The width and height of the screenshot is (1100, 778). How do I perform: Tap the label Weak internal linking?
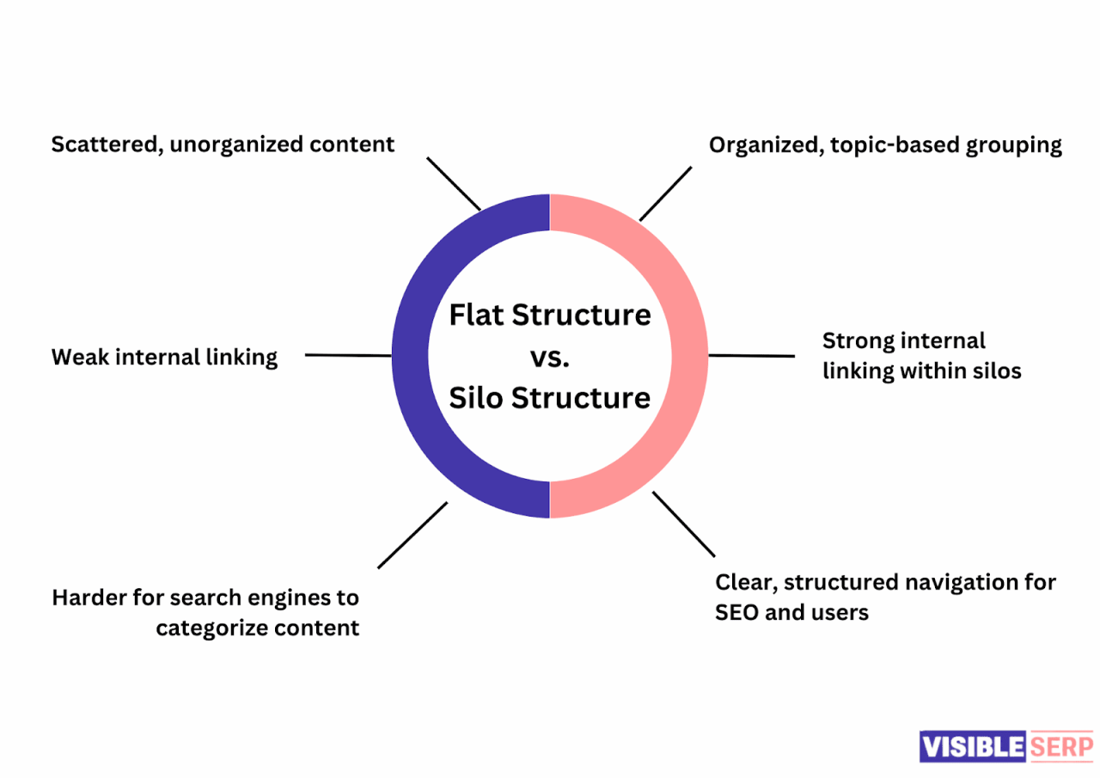pos(164,357)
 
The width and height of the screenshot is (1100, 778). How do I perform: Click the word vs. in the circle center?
pos(549,357)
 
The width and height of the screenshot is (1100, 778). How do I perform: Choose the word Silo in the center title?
pos(476,398)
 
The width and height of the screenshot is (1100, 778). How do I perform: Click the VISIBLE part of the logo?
pos(973,745)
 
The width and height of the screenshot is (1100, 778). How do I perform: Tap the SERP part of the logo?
pos(1060,745)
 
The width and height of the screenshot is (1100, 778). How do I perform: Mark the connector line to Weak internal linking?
pos(348,355)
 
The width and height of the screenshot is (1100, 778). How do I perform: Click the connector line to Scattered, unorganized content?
pos(454,183)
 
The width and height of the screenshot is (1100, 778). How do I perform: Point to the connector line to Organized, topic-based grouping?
pos(666,193)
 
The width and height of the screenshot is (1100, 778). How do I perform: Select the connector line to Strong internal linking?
pos(752,355)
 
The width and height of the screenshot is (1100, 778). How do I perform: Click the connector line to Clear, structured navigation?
pos(684,524)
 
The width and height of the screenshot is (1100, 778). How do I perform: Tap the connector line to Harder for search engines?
pos(412,535)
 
